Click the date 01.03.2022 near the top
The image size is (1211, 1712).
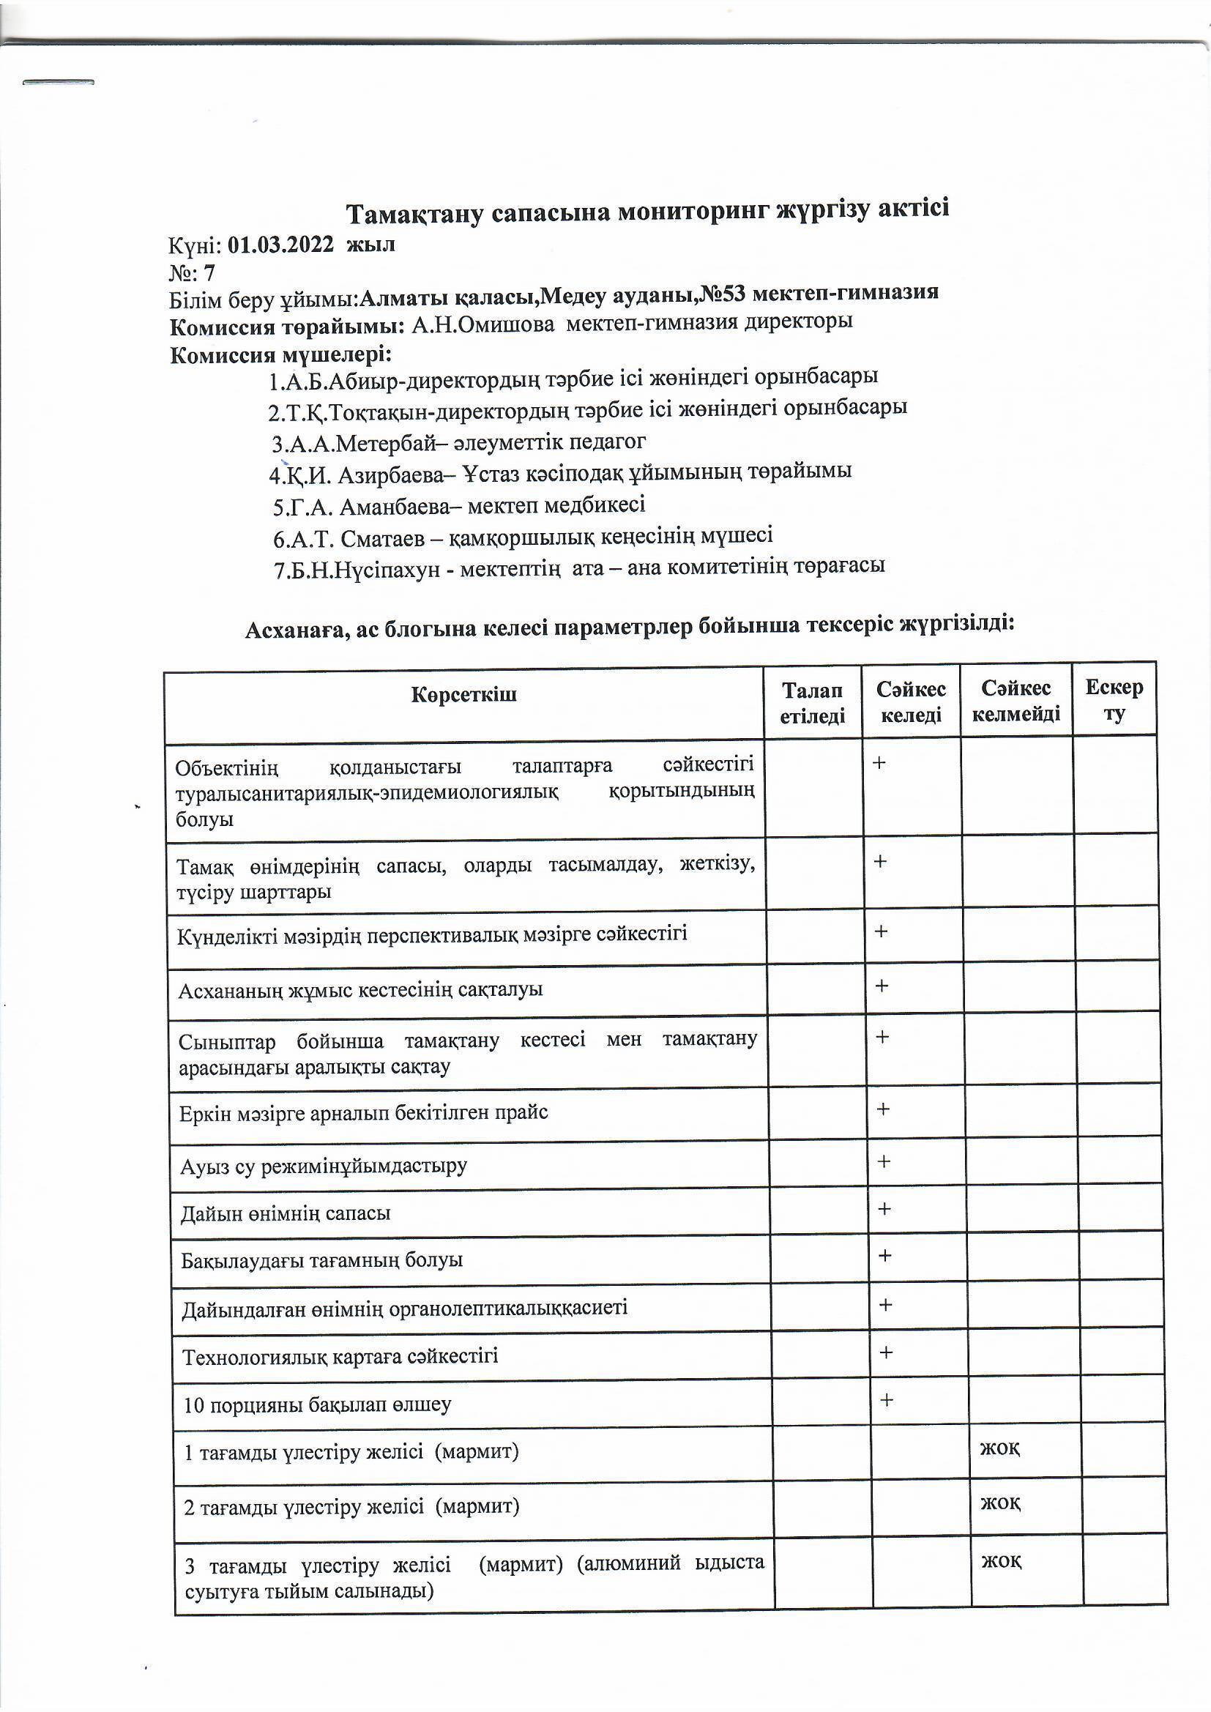point(280,245)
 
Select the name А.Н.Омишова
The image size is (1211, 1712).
point(483,324)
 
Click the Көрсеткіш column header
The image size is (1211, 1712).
point(463,695)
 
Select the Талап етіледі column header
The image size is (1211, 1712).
point(812,703)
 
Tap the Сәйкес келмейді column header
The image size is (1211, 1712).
point(1016,701)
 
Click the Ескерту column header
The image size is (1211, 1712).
point(1114,699)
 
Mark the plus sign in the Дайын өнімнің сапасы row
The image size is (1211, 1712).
point(884,1208)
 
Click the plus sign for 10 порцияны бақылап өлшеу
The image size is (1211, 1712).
point(886,1399)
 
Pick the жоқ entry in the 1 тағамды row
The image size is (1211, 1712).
point(1000,1448)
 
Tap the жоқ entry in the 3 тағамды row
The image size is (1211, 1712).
point(1001,1560)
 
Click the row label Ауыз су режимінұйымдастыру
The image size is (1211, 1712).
point(324,1166)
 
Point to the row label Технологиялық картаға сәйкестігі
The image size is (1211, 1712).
point(340,1355)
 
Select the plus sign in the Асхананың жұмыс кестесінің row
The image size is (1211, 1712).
point(882,986)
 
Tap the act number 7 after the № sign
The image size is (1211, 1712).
point(209,273)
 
